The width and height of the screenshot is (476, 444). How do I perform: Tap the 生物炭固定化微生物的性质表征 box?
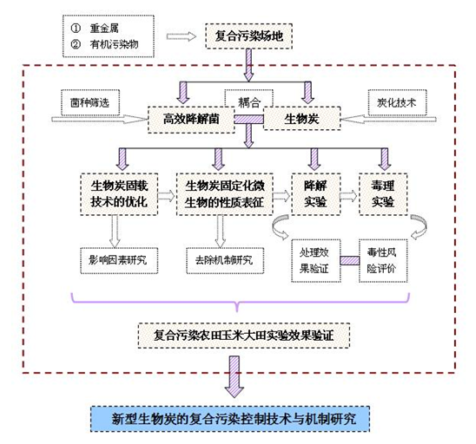click(x=224, y=193)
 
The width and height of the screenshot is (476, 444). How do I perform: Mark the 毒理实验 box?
click(x=382, y=193)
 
